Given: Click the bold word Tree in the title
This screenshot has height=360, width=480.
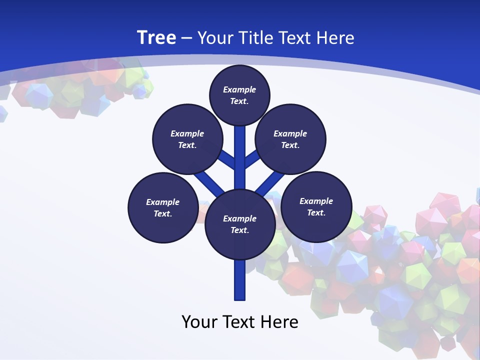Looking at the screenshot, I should tap(156, 37).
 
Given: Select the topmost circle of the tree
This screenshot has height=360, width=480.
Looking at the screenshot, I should tap(239, 95).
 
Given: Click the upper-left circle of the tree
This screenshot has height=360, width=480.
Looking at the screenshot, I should tap(187, 139).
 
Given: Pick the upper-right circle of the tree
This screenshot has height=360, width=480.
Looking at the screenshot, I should tap(290, 139).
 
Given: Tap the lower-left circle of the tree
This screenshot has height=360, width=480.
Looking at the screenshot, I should tap(163, 207).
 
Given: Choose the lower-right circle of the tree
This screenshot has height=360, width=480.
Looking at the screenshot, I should tap(316, 206).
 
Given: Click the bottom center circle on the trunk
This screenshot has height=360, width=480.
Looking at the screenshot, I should tap(240, 224).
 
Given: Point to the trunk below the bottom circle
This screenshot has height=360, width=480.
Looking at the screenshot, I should tap(240, 280).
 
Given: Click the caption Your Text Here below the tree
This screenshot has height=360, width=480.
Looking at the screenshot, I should tap(240, 321).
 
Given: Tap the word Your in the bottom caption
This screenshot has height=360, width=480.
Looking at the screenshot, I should tap(199, 321).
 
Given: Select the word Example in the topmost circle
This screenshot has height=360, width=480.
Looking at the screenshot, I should tap(239, 89).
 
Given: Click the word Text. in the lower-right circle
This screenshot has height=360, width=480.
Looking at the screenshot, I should tap(316, 212).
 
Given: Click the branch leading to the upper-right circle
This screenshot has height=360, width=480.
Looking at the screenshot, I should tap(252, 159).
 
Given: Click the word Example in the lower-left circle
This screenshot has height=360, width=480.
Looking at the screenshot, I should tap(163, 202).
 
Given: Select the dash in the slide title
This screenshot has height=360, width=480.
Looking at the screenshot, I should tap(186, 38).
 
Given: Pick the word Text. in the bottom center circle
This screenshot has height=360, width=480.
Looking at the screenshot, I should tap(240, 230).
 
